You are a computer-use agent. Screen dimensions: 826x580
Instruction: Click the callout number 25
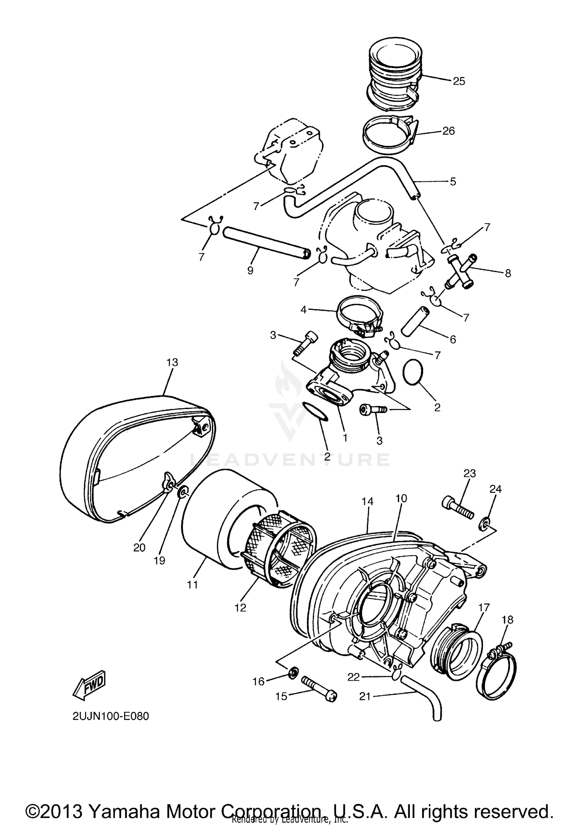point(459,82)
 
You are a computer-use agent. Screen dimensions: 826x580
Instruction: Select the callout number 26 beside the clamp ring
point(449,131)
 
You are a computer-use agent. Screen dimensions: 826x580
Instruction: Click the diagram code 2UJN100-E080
point(111,717)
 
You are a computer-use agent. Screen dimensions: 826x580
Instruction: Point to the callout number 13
point(172,363)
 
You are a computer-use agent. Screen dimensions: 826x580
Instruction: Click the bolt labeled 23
point(457,507)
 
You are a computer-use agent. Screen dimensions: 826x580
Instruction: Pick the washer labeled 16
point(293,671)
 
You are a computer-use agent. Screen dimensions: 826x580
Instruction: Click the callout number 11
point(192,585)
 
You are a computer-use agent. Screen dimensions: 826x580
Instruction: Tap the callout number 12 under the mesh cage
point(240,608)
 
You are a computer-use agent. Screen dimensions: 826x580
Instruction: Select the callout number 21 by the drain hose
point(365,696)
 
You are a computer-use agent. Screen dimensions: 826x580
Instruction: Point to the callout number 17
point(484,608)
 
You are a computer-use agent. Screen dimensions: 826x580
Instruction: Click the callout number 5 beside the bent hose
point(453,181)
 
